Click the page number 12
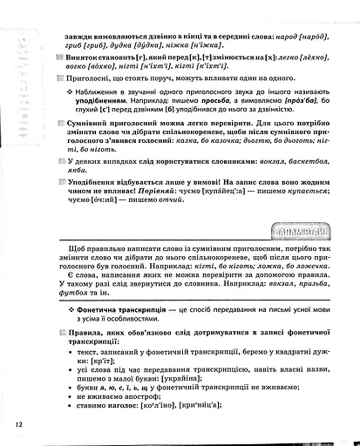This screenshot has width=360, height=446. [17, 423]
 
